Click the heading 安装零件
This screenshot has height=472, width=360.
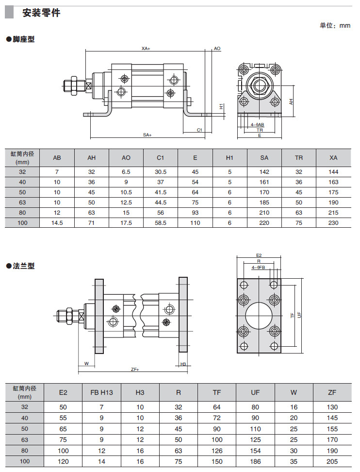pos(41,13)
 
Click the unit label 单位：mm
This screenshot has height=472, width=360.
pos(335,26)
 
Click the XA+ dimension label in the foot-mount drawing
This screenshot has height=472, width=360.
pos(146,49)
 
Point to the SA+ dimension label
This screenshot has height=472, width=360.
pos(147,135)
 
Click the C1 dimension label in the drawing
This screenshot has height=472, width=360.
pos(199,130)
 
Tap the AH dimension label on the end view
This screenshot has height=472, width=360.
pos(292,102)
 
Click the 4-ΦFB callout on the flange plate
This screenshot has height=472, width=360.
pos(258,268)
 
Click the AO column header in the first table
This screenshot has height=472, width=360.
pos(126,158)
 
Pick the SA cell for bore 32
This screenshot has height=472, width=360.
pos(264,172)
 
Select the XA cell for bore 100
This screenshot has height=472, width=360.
pos(333,222)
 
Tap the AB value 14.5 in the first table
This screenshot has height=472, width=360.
pos(57,222)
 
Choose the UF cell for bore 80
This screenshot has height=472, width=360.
pos(255,450)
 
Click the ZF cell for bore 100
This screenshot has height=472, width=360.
pos(332,461)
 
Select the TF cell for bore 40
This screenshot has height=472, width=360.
pos(217,418)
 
